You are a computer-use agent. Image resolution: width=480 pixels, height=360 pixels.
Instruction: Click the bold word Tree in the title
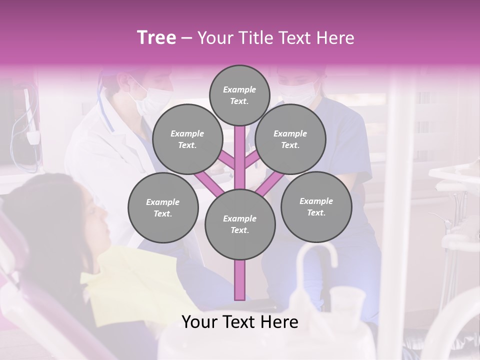coord(156,37)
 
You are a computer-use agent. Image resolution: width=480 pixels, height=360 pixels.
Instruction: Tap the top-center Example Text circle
coord(239,95)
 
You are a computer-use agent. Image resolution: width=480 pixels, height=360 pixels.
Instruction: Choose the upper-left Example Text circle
coord(187,139)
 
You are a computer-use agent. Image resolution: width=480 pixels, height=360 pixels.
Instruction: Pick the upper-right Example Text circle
coord(290,139)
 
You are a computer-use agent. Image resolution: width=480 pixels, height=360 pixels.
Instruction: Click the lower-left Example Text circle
coord(163,207)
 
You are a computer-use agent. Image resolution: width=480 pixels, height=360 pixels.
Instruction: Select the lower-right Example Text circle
coord(316,206)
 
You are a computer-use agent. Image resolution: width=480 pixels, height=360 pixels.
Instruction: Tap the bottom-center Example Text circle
coord(240,224)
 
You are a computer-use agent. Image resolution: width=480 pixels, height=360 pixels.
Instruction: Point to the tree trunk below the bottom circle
coord(240,280)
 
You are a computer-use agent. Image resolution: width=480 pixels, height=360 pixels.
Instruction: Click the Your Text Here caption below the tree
coord(240,322)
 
